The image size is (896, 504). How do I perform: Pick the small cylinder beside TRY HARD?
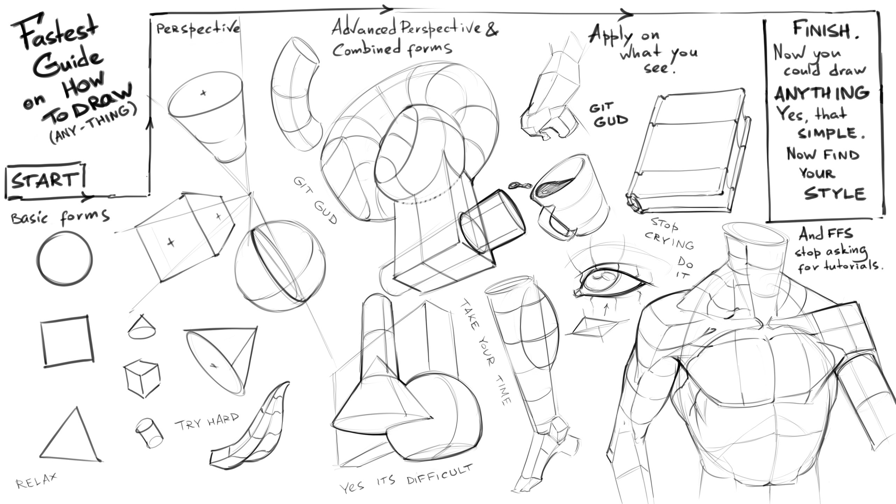(x=149, y=433)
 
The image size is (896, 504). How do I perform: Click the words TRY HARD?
(x=207, y=423)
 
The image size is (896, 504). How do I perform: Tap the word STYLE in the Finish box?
(x=835, y=194)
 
